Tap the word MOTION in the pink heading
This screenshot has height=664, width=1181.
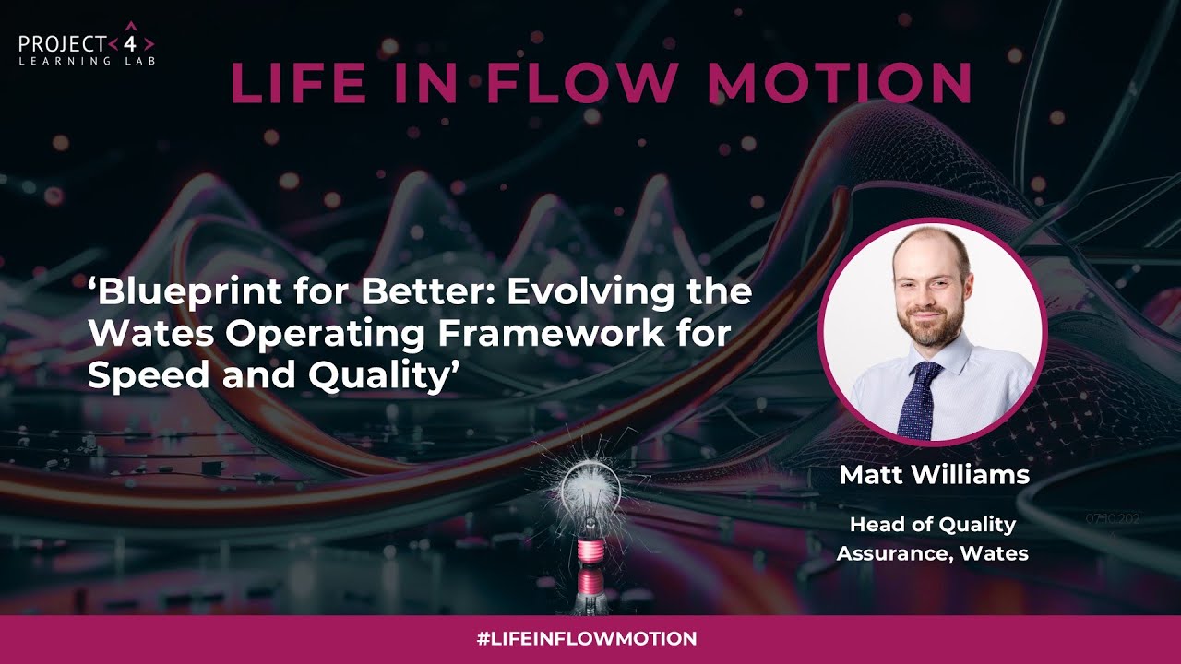(x=840, y=83)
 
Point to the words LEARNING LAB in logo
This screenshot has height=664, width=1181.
(x=87, y=61)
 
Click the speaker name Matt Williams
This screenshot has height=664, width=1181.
(x=934, y=476)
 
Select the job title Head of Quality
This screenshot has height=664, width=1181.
(x=932, y=525)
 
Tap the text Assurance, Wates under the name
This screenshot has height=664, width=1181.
(x=932, y=553)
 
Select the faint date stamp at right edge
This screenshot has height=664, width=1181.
(x=1114, y=518)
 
